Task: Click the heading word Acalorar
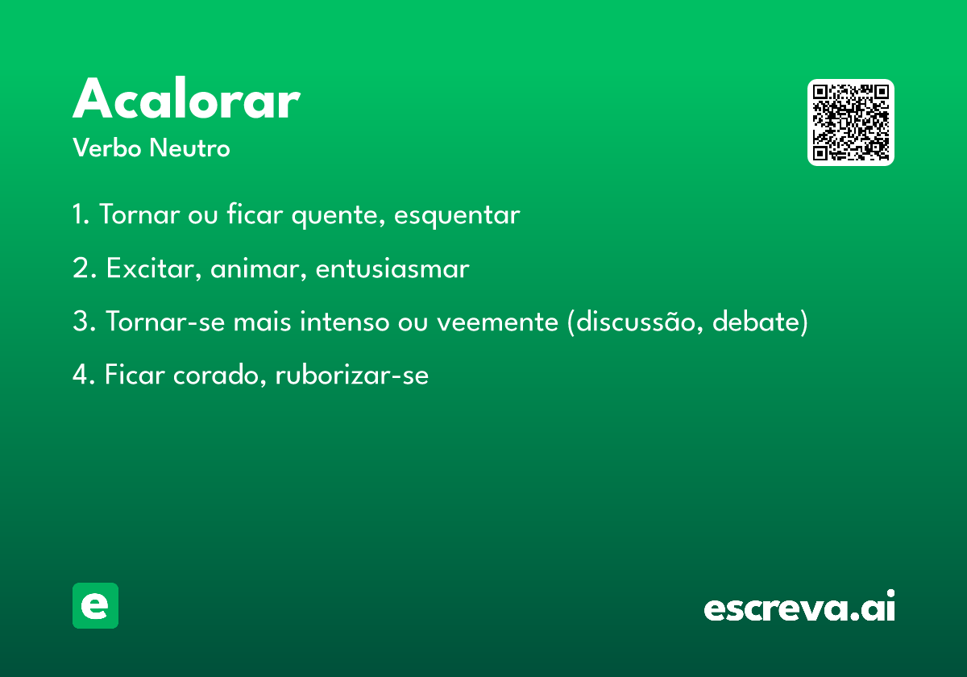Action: click(x=186, y=98)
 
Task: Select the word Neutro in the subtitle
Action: click(x=190, y=147)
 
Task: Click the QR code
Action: click(x=850, y=123)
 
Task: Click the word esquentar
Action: click(x=457, y=215)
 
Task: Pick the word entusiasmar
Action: click(x=392, y=268)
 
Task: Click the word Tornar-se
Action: click(x=165, y=322)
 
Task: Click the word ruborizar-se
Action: click(x=352, y=375)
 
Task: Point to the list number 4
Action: click(x=81, y=374)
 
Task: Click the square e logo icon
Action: click(x=95, y=605)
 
